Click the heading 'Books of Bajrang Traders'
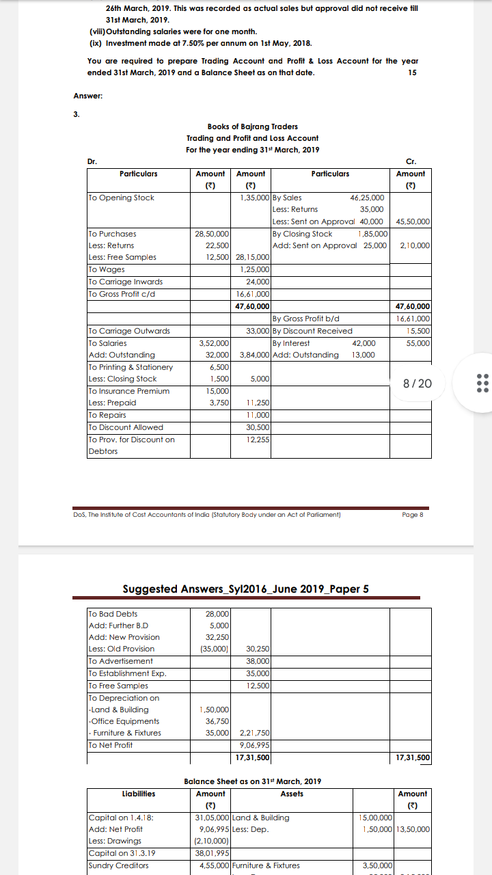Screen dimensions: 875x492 pos(252,126)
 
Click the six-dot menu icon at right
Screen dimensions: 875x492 pos(482,383)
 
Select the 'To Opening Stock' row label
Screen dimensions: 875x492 pos(122,198)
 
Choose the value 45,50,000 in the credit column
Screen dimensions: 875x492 pos(413,221)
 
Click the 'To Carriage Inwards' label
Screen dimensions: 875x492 pos(126,282)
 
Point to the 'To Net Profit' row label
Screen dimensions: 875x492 pos(111,744)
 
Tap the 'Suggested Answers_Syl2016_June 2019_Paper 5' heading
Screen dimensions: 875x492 pos(245,589)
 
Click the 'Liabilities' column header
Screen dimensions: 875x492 pos(138,794)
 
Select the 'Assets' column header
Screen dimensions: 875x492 pos(292,794)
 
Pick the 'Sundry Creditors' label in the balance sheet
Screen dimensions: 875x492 pos(119,865)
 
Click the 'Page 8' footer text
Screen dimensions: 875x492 pos(413,515)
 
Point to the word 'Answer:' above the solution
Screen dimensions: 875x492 pos(88,96)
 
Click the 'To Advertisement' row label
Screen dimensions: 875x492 pos(121,661)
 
